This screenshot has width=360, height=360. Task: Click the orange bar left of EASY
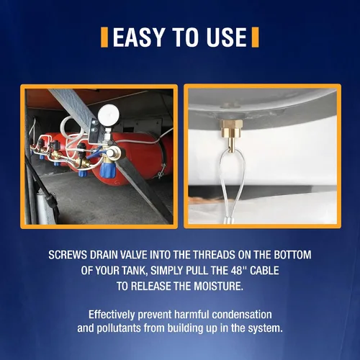tap(104, 37)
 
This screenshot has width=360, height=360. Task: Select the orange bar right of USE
tap(255, 37)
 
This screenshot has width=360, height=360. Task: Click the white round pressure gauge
tap(108, 114)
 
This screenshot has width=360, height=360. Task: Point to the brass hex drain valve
tap(232, 134)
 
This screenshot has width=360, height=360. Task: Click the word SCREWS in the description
tap(68, 255)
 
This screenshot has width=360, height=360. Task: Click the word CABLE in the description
tap(264, 271)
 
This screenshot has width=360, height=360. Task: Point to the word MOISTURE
tap(218, 286)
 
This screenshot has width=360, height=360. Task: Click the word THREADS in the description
tap(215, 255)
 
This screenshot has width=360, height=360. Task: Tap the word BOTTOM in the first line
tap(292, 255)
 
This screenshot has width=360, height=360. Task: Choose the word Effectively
tap(112, 315)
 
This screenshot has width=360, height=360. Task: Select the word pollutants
tap(119, 328)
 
